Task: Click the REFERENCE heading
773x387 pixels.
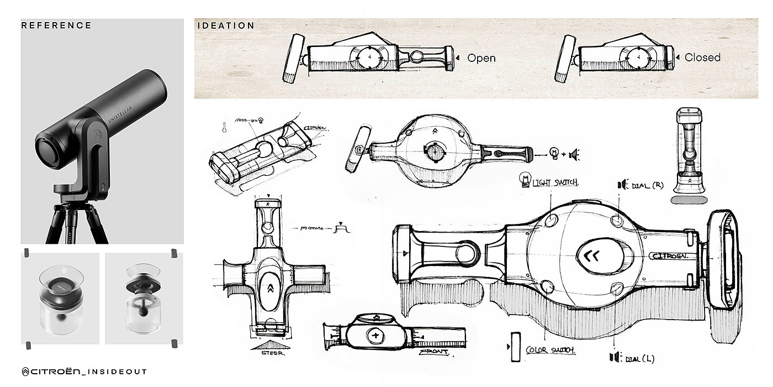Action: pyautogui.click(x=56, y=25)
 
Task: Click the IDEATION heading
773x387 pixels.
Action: pyautogui.click(x=226, y=25)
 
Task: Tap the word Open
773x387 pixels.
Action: pyautogui.click(x=481, y=57)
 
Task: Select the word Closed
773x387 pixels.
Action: pyautogui.click(x=702, y=57)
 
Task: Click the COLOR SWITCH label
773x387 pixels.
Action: pyautogui.click(x=550, y=350)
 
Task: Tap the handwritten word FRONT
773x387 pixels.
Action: pyautogui.click(x=433, y=352)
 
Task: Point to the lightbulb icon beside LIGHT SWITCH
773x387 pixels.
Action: pyautogui.click(x=525, y=180)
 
